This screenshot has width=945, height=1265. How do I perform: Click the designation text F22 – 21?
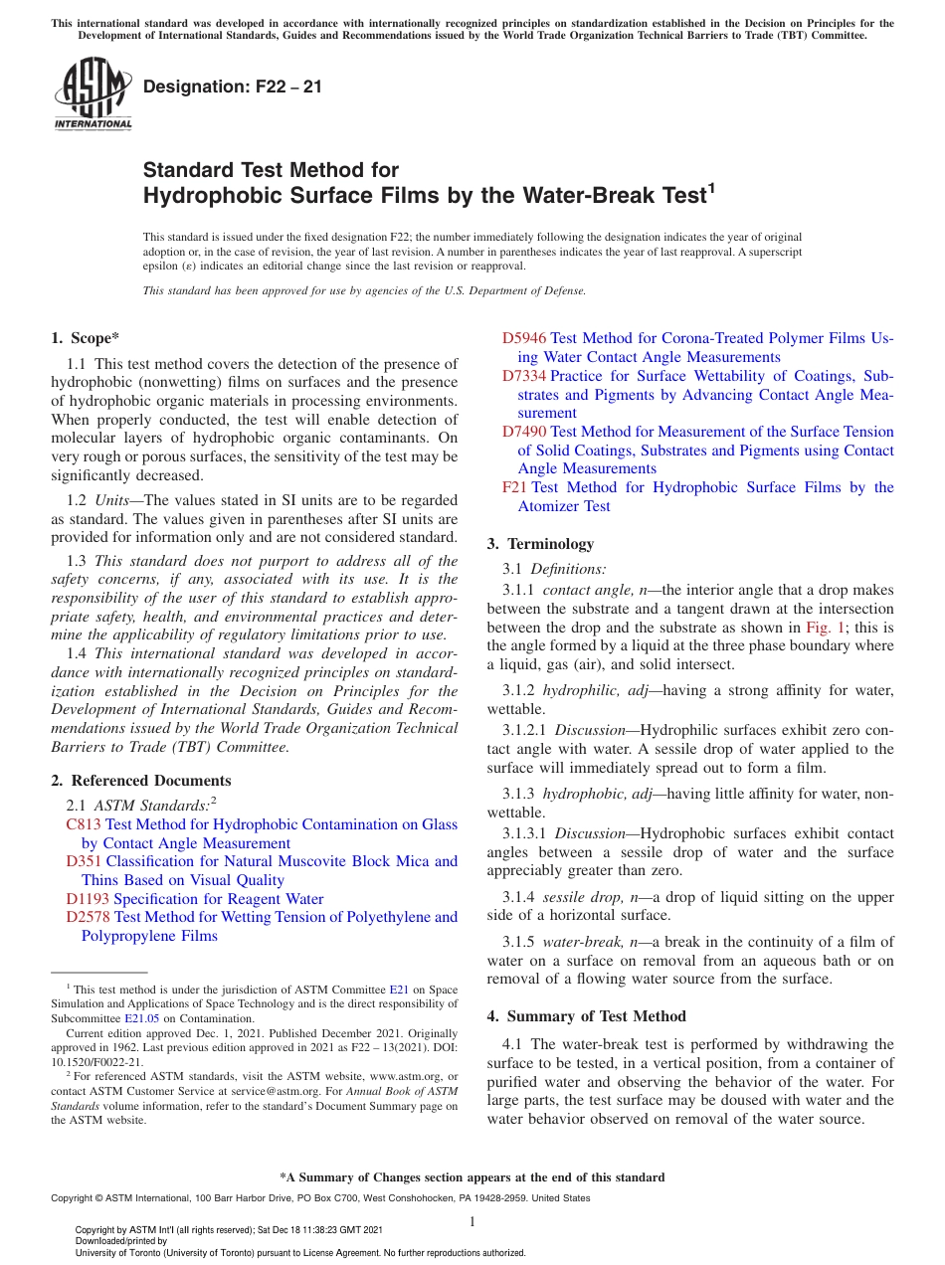(x=233, y=87)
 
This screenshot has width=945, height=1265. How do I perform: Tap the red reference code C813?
(x=84, y=824)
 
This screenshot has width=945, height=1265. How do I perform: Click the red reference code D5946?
(x=524, y=338)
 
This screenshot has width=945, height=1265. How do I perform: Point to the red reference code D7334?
(x=524, y=376)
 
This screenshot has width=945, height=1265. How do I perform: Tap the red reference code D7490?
(x=524, y=432)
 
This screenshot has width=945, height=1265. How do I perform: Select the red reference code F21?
(x=514, y=487)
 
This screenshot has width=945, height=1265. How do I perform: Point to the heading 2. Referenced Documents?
(x=141, y=781)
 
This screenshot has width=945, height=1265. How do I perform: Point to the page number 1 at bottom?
(x=472, y=1222)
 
